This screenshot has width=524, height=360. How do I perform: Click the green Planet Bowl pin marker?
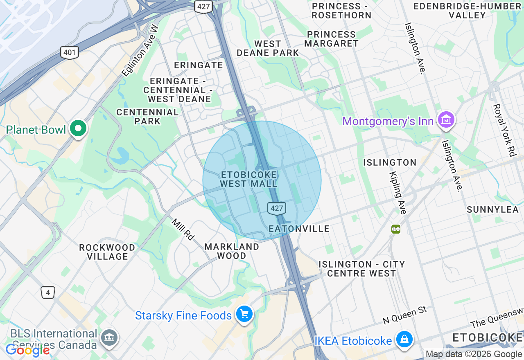point(78,128)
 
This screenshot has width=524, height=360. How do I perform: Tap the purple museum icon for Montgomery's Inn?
point(446,120)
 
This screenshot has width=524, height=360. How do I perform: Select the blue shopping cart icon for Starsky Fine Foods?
point(244,315)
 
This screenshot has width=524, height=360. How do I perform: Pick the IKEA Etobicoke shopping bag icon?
point(404,340)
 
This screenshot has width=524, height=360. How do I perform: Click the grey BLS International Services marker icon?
point(109,338)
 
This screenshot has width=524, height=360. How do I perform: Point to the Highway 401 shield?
point(70,52)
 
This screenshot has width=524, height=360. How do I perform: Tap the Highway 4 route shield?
point(48,292)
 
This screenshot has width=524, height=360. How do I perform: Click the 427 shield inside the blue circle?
point(277,208)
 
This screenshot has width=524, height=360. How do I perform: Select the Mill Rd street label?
point(182,229)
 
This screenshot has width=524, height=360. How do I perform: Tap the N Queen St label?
point(404,315)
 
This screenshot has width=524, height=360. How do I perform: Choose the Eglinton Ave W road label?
point(140,50)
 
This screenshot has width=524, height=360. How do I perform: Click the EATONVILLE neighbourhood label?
point(299,229)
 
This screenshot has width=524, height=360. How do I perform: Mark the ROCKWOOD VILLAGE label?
point(107,252)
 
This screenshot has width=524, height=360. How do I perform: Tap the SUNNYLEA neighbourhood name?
point(492,209)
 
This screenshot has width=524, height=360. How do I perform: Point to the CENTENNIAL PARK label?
point(147,116)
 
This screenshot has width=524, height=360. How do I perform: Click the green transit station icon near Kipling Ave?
point(395,229)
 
